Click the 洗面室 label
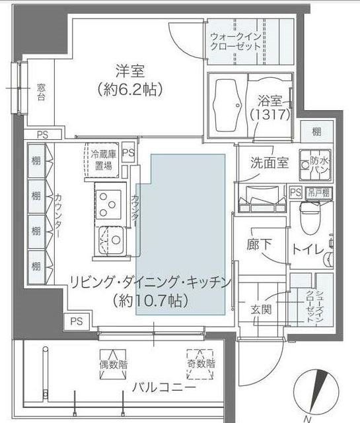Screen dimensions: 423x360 coord(269,164)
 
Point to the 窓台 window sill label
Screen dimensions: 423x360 coord(41,91)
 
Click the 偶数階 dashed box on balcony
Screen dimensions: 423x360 coord(113,364)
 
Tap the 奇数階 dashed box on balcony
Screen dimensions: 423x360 coord(200,364)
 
